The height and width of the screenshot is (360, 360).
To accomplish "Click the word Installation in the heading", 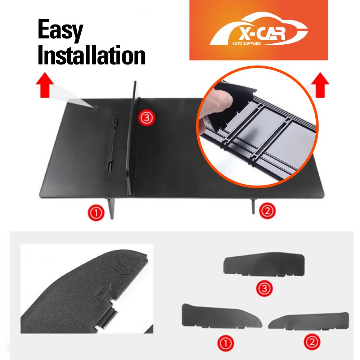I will [x=91, y=56].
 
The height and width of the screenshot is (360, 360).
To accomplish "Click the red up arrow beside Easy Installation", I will [x=45, y=84].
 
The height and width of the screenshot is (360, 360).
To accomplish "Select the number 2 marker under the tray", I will [x=267, y=210].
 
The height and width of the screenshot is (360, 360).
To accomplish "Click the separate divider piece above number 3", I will [x=264, y=265].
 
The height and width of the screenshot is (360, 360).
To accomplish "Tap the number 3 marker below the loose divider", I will [x=264, y=288].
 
